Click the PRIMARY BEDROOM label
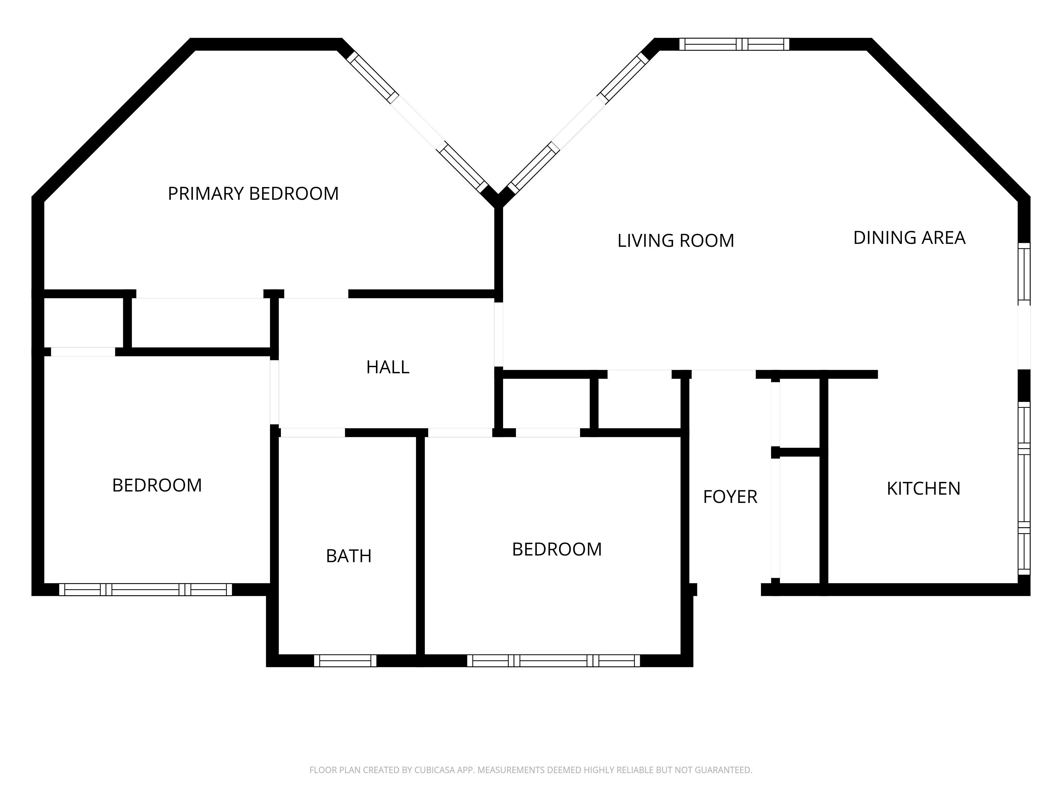click(x=253, y=194)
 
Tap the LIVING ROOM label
click(x=675, y=241)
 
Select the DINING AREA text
click(x=909, y=238)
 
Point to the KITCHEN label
click(x=923, y=489)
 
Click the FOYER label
click(x=730, y=497)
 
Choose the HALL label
click(x=387, y=367)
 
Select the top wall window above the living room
click(x=734, y=44)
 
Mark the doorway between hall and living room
click(x=499, y=334)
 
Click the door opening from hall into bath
click(x=312, y=432)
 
